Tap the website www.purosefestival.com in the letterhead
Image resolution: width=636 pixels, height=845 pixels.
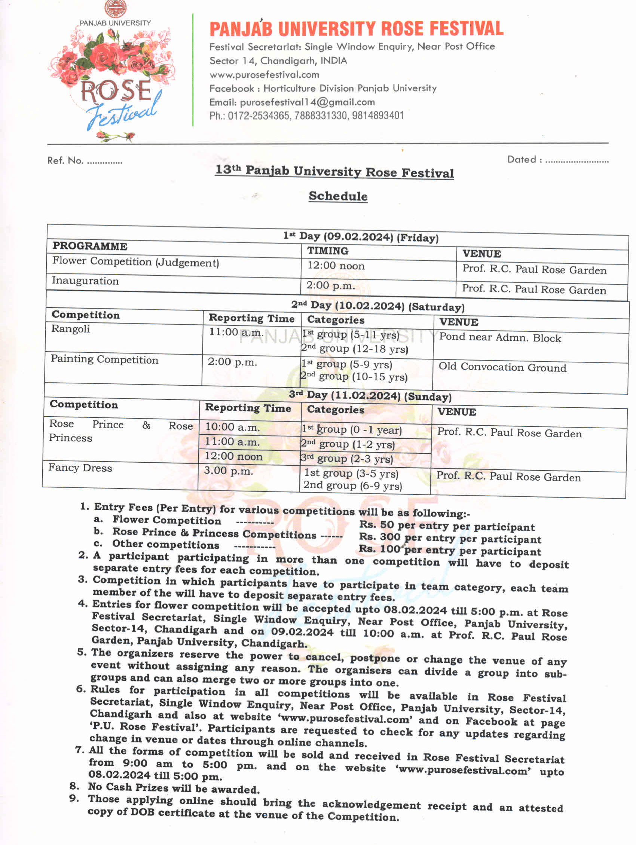point(264,74)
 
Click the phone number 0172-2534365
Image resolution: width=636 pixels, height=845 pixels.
point(259,116)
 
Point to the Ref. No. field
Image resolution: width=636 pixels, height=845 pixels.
point(85,161)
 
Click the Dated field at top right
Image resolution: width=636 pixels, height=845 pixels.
point(557,160)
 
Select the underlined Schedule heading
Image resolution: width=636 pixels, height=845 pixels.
point(338,196)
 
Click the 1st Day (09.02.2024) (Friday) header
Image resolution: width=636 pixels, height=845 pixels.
point(361,237)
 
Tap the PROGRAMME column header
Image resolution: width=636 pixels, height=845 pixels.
point(90,246)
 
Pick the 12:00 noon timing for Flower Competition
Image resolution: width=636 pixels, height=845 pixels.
point(336,266)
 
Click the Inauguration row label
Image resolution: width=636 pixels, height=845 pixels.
point(85,281)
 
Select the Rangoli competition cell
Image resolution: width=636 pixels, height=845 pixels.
point(71,329)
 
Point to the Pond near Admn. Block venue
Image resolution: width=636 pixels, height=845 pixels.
point(500,337)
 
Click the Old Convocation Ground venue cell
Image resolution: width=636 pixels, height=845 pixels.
point(502,367)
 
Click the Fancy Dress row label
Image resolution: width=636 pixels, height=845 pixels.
point(80,468)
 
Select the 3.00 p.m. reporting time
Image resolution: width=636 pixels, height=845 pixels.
point(229,471)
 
